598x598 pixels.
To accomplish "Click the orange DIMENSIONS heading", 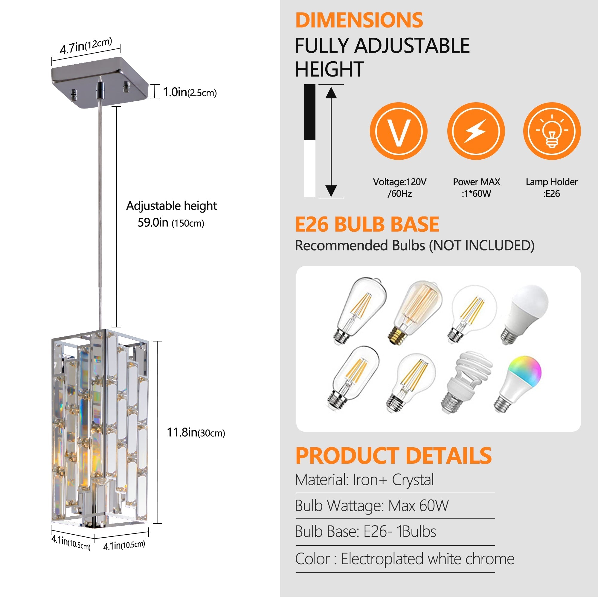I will (x=359, y=20).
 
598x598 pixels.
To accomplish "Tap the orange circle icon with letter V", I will (x=398, y=131).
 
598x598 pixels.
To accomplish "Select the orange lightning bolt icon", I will (x=476, y=131).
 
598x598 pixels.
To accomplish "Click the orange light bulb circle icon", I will (x=552, y=131).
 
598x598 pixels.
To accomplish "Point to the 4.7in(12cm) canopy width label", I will (x=86, y=45).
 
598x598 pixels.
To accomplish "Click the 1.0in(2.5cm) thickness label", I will (x=190, y=92).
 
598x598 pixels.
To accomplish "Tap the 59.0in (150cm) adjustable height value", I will (x=171, y=222).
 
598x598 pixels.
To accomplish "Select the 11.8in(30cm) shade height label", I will (x=196, y=432).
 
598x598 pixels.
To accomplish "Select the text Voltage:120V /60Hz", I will (x=399, y=187).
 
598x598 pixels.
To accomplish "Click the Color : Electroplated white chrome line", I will (x=404, y=559).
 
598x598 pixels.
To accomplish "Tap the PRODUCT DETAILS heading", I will (x=393, y=456).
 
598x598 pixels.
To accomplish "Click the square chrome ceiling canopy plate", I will (x=99, y=82).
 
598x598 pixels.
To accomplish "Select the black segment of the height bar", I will (x=309, y=112).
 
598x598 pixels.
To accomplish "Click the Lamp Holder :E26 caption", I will (x=552, y=187).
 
